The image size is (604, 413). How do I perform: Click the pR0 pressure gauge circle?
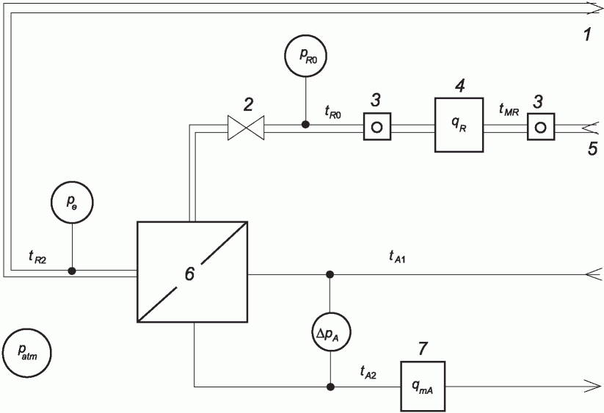pos(305,56)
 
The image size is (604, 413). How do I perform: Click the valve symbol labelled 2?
pos(246,128)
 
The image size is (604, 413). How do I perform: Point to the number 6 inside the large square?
pos(189,274)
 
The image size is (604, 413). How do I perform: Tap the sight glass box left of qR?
pos(377,127)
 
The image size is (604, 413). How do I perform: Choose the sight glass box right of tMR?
pos(541,127)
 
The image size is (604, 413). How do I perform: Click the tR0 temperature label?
pos(332,112)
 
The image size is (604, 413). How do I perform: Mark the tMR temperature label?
pos(509,110)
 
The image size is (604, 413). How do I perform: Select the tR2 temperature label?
pos(37,257)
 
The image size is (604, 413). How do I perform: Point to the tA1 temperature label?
pos(397,256)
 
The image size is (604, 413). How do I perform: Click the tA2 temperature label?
pos(368,372)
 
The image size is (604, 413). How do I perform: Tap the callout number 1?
pos(587,35)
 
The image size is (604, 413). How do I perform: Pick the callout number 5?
pos(593,149)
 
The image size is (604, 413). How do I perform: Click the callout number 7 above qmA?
pos(423,348)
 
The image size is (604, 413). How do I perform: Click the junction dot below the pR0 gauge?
pos(305,124)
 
